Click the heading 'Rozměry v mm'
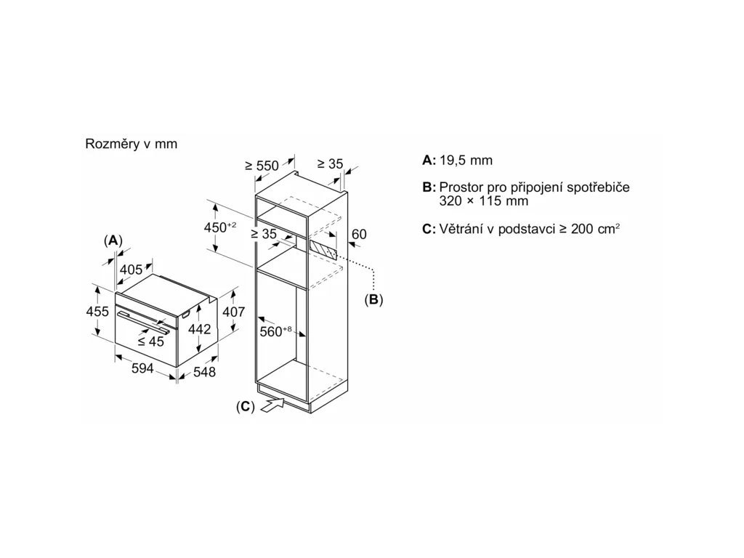[131, 144]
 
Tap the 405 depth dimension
[132, 270]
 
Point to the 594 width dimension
[142, 368]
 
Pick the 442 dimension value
[199, 329]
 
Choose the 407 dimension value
[233, 312]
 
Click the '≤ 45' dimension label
[151, 341]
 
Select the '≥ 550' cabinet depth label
[262, 166]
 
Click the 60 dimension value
[359, 234]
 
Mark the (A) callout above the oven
[112, 240]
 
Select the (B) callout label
[373, 299]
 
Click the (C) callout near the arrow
[246, 407]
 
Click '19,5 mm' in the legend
[466, 161]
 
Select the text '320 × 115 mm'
[483, 201]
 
